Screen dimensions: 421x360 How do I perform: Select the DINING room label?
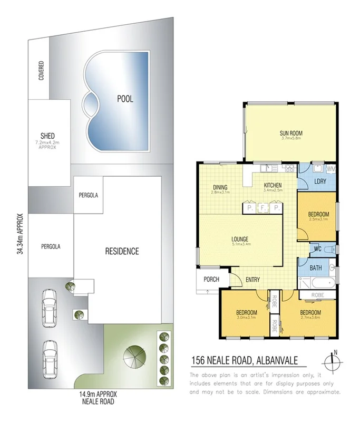pos(220,186)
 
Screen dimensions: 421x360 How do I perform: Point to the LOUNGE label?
pos(240,239)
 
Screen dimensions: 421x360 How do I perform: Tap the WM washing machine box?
pos(331,169)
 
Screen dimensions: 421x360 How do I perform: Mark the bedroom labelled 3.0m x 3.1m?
pos(247,313)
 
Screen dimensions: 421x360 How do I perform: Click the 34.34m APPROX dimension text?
pos(20,234)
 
